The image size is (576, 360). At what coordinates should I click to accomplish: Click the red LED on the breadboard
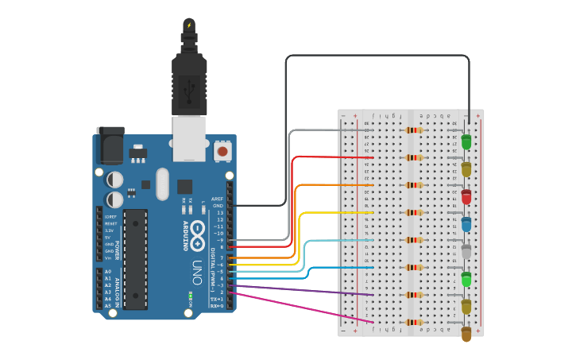pyautogui.click(x=466, y=196)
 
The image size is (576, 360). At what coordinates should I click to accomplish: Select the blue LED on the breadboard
pyautogui.click(x=466, y=224)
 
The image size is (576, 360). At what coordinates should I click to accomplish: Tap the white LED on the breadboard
pyautogui.click(x=466, y=252)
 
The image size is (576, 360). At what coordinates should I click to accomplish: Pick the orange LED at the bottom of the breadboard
pyautogui.click(x=466, y=334)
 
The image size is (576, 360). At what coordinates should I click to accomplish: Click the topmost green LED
pyautogui.click(x=466, y=142)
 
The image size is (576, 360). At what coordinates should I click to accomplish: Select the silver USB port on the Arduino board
pyautogui.click(x=189, y=137)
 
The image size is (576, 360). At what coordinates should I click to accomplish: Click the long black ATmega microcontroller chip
pyautogui.click(x=135, y=259)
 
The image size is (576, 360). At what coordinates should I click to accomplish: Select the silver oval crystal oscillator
pyautogui.click(x=163, y=184)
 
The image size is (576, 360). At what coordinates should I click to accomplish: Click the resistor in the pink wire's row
pyautogui.click(x=414, y=323)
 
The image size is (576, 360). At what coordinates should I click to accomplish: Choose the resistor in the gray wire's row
pyautogui.click(x=414, y=130)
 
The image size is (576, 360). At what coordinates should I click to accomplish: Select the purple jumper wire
pyautogui.click(x=302, y=290)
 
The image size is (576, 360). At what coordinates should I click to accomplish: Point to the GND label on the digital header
pyautogui.click(x=218, y=206)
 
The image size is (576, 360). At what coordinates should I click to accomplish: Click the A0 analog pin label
pyautogui.click(x=108, y=272)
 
